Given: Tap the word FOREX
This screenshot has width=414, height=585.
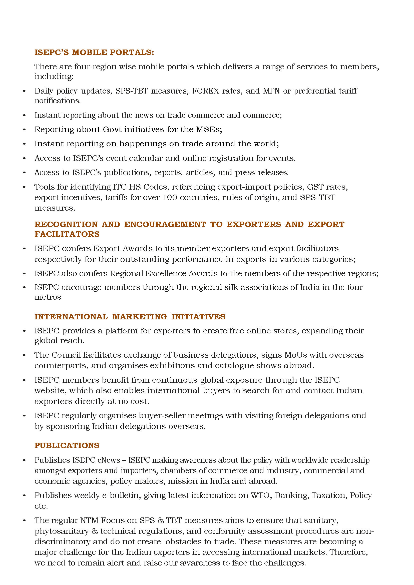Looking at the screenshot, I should pyautogui.click(x=205, y=91).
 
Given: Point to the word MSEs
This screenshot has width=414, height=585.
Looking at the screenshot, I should pyautogui.click(x=209, y=130).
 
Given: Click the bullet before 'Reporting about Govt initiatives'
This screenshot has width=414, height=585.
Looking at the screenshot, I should pyautogui.click(x=24, y=130).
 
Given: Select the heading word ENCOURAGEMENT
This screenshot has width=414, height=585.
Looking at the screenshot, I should pyautogui.click(x=165, y=224).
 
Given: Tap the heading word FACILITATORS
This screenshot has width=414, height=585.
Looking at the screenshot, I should pyautogui.click(x=67, y=234).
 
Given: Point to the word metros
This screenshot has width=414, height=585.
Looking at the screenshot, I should pyautogui.click(x=48, y=297).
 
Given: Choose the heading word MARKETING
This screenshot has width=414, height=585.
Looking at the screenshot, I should pyautogui.click(x=140, y=317).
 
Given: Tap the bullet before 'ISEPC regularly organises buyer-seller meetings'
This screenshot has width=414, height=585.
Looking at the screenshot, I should pyautogui.click(x=24, y=416).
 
